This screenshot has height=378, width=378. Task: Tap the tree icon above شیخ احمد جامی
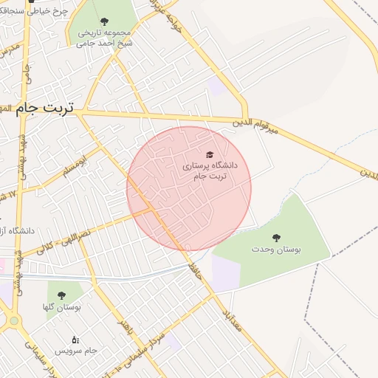[x=103, y=21]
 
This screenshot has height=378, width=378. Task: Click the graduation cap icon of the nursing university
[x=210, y=154]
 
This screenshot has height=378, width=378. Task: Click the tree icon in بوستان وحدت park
[x=276, y=238]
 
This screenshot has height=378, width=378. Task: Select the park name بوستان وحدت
[x=276, y=250]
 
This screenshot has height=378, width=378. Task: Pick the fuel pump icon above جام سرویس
[x=75, y=340]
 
